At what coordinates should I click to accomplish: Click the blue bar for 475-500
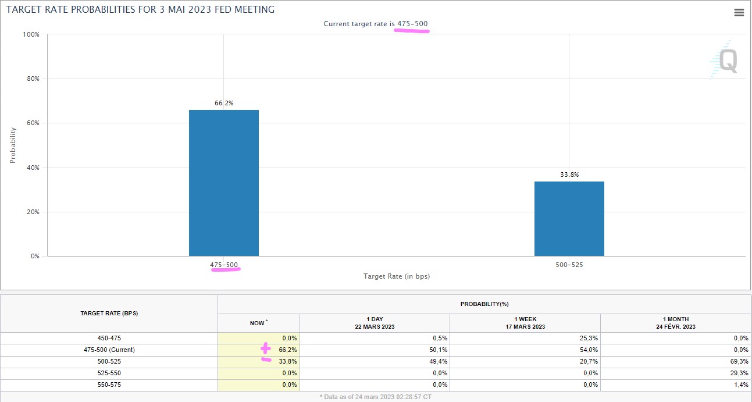point(224,183)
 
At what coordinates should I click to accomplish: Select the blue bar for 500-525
point(569,219)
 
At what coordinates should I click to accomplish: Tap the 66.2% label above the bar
point(224,103)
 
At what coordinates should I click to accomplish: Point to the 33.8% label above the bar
point(569,175)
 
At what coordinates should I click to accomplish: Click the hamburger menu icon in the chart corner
point(739,13)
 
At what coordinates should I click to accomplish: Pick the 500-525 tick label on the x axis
point(569,265)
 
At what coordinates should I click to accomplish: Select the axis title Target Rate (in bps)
point(396,276)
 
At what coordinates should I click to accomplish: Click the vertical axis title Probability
point(13,145)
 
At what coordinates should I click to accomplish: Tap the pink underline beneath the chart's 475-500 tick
point(225,271)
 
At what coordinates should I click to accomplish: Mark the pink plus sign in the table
point(265,348)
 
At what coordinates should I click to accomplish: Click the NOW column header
point(258,323)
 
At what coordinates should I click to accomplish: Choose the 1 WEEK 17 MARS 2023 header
point(525,323)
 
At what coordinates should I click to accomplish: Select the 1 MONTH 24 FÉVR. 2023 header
point(675,323)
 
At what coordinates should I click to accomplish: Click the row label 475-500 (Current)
point(109,350)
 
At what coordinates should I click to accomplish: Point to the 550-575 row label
point(109,385)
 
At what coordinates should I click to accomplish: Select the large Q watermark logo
point(727,61)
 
